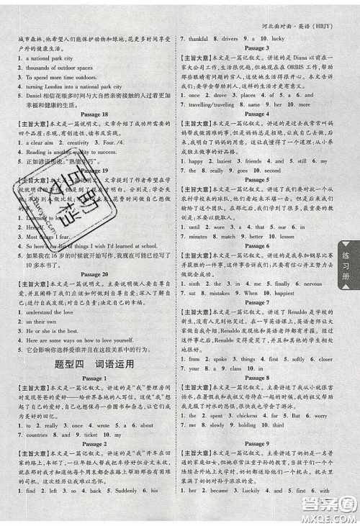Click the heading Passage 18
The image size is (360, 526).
tap(95, 114)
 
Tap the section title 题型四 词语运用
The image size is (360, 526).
tap(95, 364)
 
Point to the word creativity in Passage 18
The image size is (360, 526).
tap(78, 142)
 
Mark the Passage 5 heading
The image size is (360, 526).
tap(256, 181)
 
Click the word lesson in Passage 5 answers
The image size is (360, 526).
tap(287, 236)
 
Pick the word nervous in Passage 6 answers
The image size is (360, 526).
tap(310, 284)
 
